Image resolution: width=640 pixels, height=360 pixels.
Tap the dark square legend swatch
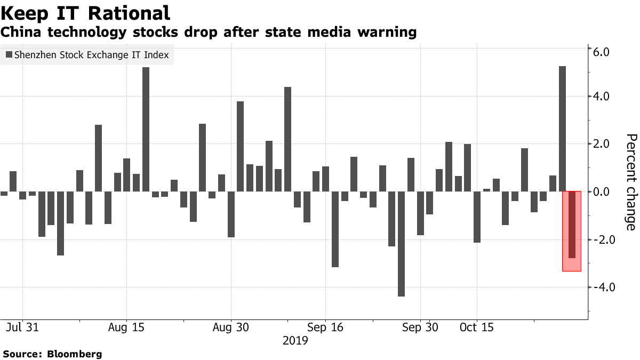pyautogui.click(x=9, y=54)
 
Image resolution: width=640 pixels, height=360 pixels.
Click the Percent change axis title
pyautogui.click(x=630, y=182)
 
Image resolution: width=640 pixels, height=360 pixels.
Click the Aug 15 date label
pyautogui.click(x=126, y=327)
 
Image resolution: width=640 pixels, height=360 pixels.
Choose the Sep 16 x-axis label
pyautogui.click(x=325, y=327)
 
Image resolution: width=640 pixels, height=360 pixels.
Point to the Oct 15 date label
pyautogui.click(x=476, y=327)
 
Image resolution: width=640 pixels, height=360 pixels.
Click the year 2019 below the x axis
pyautogui.click(x=295, y=340)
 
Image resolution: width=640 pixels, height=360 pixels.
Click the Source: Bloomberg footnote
pyautogui.click(x=52, y=354)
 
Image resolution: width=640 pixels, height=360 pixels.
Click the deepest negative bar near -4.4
pyautogui.click(x=401, y=244)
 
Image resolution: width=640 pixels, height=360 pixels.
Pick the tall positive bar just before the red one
pyautogui.click(x=562, y=129)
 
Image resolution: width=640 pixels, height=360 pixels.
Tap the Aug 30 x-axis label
pyautogui.click(x=230, y=327)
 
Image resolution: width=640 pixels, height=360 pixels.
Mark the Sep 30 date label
pyautogui.click(x=420, y=327)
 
